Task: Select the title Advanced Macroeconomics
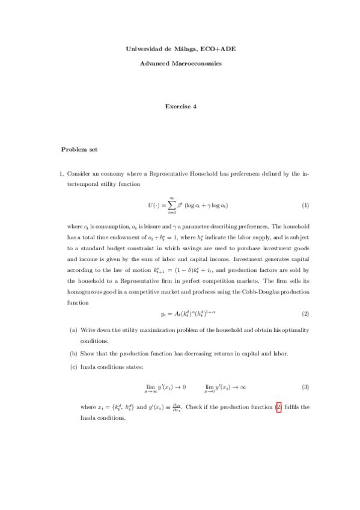coord(180,63)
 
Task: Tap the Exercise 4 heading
coord(180,106)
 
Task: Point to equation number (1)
coord(305,205)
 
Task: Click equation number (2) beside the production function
coord(305,314)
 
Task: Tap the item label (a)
coord(73,330)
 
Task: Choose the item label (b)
coord(73,353)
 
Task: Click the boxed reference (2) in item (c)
coord(278,407)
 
